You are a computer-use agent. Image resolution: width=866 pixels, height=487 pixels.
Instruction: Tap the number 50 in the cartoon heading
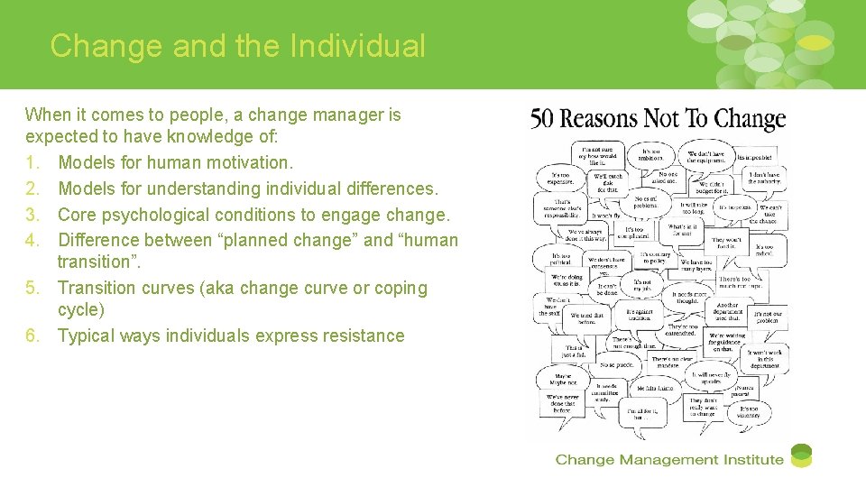(x=542, y=120)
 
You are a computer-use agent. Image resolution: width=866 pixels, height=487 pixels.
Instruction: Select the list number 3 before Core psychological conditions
(x=32, y=215)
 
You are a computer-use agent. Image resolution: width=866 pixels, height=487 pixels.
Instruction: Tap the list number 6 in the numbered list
(x=32, y=335)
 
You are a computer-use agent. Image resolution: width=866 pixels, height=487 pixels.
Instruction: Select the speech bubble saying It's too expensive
(x=560, y=178)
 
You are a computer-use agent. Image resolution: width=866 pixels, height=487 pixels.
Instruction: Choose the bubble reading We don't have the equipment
(x=705, y=157)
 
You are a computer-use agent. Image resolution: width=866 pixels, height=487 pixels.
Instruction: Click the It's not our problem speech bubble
(x=769, y=316)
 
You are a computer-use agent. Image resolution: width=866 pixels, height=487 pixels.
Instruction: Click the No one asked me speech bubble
(x=668, y=178)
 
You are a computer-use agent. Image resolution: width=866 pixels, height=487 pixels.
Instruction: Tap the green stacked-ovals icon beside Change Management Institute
(x=800, y=456)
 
